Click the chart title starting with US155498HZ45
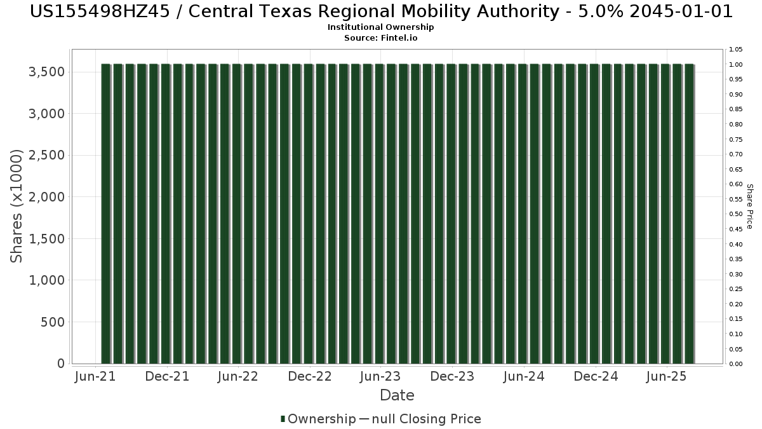click(381, 11)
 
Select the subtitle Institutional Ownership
click(380, 27)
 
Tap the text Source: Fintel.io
click(380, 37)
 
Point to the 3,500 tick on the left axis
click(46, 72)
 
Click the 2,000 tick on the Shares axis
click(46, 197)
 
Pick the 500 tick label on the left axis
click(53, 322)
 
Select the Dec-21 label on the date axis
click(167, 376)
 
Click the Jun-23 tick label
click(380, 376)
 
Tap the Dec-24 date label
click(596, 376)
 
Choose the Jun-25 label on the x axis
click(667, 376)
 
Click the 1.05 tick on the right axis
click(736, 50)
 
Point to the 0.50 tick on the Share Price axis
click(736, 214)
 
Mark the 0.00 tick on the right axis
click(736, 364)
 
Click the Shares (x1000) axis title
click(16, 206)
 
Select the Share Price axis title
click(749, 207)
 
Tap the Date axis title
click(397, 395)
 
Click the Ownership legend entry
click(318, 419)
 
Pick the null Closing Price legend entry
click(420, 419)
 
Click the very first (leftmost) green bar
click(106, 214)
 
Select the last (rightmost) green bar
click(690, 214)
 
